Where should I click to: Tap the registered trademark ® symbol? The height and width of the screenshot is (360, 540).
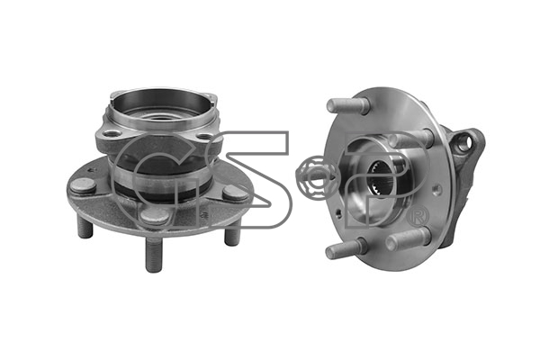pyautogui.click(x=418, y=216)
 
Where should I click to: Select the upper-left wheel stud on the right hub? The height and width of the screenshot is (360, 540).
pyautogui.click(x=347, y=105)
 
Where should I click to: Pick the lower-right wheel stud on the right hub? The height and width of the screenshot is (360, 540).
pyautogui.click(x=408, y=238)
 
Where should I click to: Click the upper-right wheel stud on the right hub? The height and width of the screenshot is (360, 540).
pyautogui.click(x=409, y=138)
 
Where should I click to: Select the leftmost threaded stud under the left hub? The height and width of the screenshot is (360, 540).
pyautogui.click(x=85, y=226)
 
